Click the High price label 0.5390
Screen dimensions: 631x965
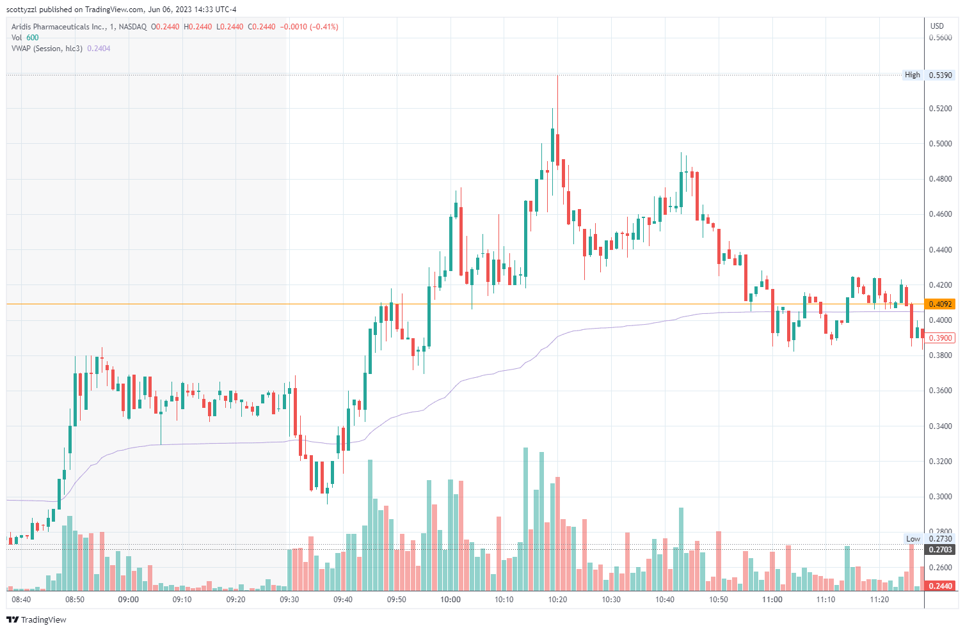[940, 75]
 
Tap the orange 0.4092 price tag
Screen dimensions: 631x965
[940, 304]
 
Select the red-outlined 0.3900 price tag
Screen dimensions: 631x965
[940, 338]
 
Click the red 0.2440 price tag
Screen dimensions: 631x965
[940, 586]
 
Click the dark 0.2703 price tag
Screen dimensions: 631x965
[940, 550]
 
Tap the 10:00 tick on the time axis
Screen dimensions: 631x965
[451, 600]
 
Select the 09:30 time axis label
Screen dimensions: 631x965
[289, 600]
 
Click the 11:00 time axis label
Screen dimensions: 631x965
[772, 600]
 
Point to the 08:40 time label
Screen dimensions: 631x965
[21, 600]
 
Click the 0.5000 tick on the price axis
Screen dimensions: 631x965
[940, 144]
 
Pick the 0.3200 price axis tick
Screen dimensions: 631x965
[940, 462]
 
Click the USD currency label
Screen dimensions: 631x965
[937, 26]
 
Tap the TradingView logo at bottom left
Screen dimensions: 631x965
[36, 619]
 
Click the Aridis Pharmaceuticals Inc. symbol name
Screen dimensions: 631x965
[58, 27]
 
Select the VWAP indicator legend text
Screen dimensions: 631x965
[47, 49]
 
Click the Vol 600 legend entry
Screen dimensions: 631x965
[25, 38]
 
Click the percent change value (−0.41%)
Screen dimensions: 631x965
[324, 27]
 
